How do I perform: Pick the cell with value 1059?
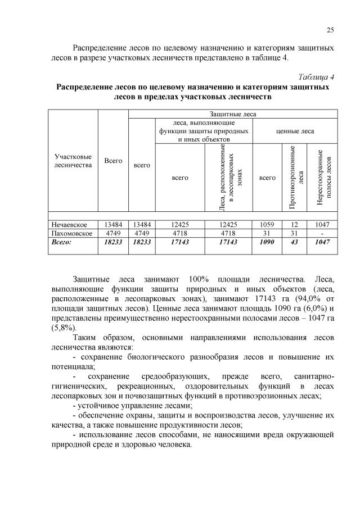click(267, 224)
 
